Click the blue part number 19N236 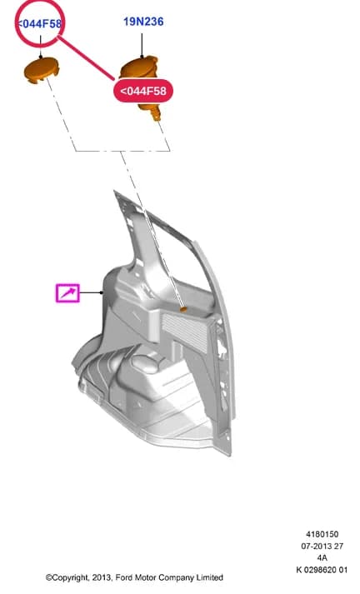(143, 22)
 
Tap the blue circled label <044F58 (39, 24)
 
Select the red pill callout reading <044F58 (143, 91)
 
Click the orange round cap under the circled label (42, 71)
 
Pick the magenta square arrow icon (67, 293)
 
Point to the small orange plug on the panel (183, 310)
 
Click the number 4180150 (322, 534)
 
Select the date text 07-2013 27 (322, 546)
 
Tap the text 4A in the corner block (322, 557)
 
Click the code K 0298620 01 (322, 569)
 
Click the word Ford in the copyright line (124, 577)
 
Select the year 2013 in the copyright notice (102, 577)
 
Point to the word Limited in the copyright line (209, 577)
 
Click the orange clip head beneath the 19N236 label (139, 68)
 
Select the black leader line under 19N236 (142, 46)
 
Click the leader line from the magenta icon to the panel (91, 292)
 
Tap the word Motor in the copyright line (147, 577)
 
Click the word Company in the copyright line (176, 578)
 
